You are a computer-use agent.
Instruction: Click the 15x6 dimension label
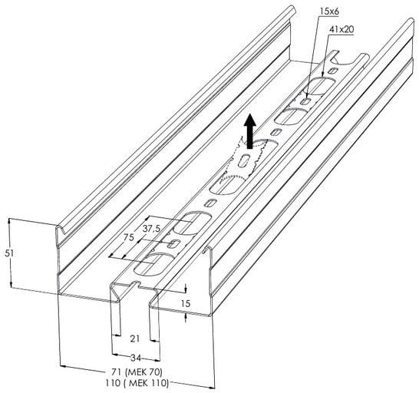pos(329,11)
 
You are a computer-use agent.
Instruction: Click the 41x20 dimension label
pos(341,29)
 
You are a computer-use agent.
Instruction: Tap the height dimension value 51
pos(9,253)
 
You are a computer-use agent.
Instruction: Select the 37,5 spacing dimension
pos(151,228)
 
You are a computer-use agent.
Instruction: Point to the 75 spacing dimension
pos(128,237)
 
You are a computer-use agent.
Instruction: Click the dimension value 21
pos(135,339)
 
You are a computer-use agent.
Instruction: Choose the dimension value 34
pos(136,358)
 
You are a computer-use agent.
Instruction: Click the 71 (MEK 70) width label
pos(137,372)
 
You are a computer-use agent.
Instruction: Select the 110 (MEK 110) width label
pos(137,383)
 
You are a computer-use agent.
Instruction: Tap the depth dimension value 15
pos(185,303)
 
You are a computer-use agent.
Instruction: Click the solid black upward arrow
pos(250,130)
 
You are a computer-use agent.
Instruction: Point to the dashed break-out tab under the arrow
pos(242,160)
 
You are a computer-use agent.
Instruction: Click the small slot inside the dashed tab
pos(244,160)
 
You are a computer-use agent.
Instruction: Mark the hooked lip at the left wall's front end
pos(61,230)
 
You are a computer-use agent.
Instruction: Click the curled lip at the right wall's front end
pos(207,251)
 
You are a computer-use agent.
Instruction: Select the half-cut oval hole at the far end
pos(345,59)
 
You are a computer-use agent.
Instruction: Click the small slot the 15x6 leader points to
pos(306,101)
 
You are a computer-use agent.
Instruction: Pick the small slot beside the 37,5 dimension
pos(175,243)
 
